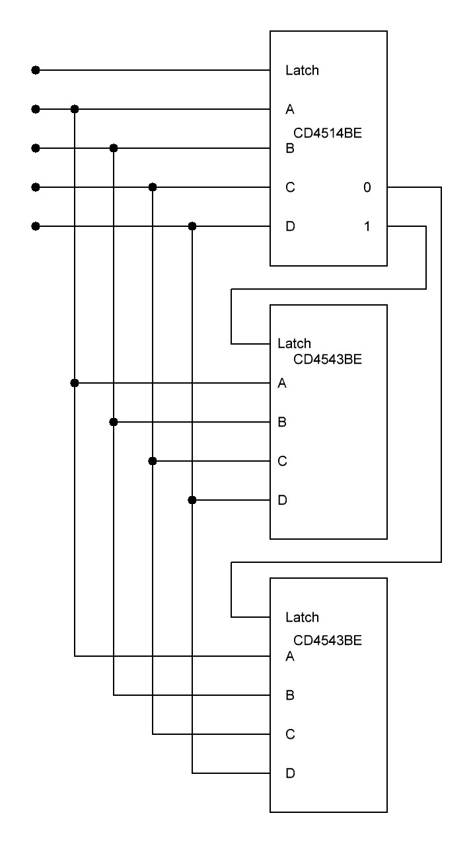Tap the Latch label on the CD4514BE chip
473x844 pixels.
[x=302, y=71]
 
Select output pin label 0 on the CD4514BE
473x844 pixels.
[x=367, y=188]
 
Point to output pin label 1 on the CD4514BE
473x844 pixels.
[x=367, y=227]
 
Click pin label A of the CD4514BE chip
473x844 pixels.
[x=289, y=110]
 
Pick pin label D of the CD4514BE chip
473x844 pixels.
[x=290, y=227]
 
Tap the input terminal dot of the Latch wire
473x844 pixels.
[x=36, y=69]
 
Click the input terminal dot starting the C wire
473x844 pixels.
[x=36, y=187]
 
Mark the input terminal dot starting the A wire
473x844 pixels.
[x=36, y=108]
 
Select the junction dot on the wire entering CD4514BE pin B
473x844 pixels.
[x=114, y=148]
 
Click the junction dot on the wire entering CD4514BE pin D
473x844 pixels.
[x=192, y=226]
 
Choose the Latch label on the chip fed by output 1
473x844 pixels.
[x=294, y=344]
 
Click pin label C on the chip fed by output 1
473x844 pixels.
[x=282, y=462]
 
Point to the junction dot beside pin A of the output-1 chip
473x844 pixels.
[x=75, y=382]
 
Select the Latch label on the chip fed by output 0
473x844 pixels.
[x=302, y=618]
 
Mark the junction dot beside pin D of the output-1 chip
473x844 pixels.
[x=192, y=500]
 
